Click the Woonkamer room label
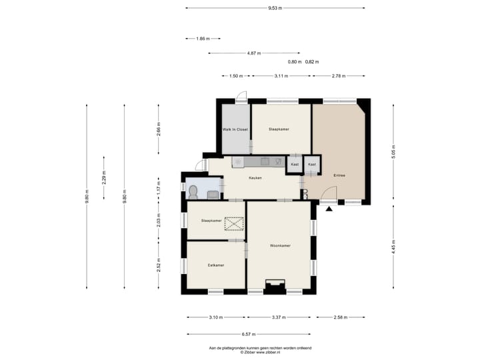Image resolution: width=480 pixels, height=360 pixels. pos(280,245)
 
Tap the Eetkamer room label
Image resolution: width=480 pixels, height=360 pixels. pos(216,265)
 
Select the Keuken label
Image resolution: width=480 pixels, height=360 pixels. pos(255,178)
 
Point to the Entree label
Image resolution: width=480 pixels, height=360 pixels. pos(339,175)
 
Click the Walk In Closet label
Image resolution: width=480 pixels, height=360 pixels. pos(235,129)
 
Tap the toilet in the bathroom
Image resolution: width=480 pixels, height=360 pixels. pos(193,192)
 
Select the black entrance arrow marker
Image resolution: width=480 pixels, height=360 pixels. pos(329,209)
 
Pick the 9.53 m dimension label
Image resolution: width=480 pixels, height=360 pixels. pos(275,8)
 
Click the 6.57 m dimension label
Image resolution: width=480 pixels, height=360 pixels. pos(249,334)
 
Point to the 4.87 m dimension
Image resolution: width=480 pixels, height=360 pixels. pos(254,53)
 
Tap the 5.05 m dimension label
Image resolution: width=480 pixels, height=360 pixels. pos(393,152)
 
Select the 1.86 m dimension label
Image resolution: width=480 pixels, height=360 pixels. pos(203,39)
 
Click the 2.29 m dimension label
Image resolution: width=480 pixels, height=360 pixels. pos(104,177)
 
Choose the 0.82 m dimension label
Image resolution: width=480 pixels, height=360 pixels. pos(312,62)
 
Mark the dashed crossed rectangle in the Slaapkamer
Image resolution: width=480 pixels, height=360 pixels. pos(234,224)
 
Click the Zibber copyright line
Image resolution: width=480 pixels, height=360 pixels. pos(260,353)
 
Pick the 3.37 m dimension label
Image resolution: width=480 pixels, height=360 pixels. pos(279,317)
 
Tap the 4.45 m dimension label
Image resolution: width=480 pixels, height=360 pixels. pos(393,247)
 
